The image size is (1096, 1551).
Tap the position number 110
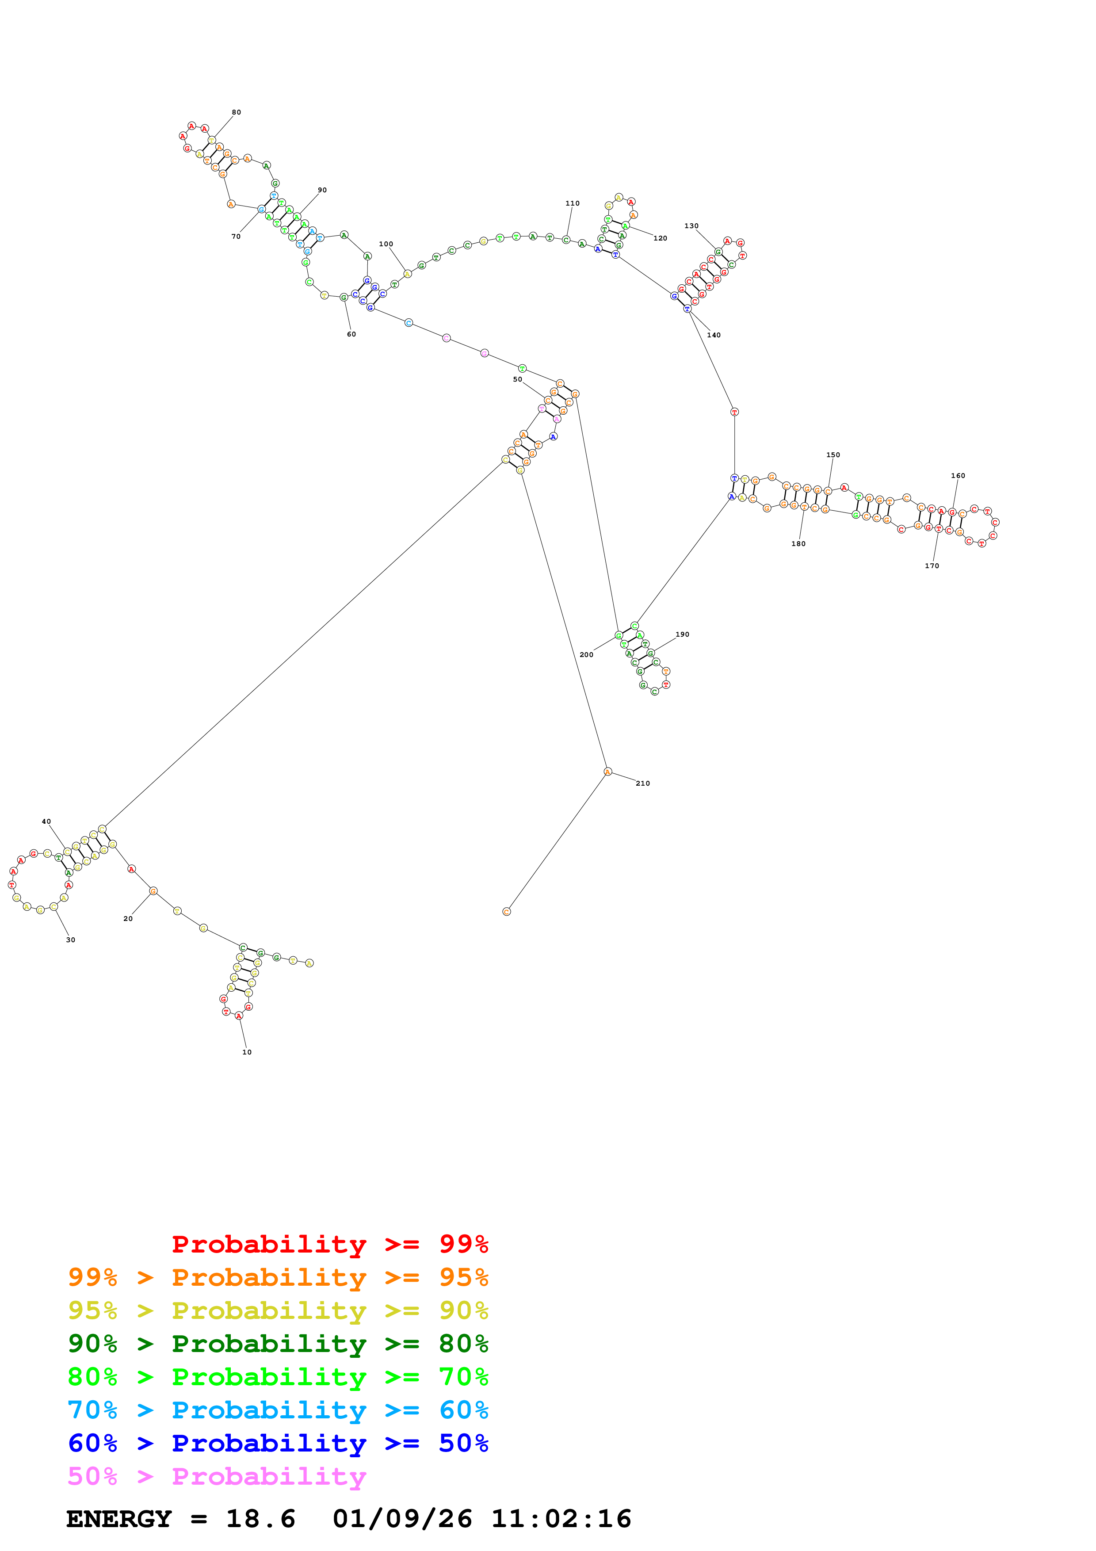[572, 203]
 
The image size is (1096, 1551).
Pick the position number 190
[682, 634]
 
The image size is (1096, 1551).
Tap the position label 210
[642, 783]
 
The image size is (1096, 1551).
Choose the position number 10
[247, 1052]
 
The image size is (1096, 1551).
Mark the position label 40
[46, 821]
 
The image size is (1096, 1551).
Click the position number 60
[351, 334]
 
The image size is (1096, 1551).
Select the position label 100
[386, 244]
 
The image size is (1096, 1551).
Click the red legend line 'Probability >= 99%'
[329, 1244]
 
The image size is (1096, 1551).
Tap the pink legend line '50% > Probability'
[217, 1477]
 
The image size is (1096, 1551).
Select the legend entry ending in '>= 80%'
[278, 1344]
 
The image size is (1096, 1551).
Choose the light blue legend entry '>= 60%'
[278, 1410]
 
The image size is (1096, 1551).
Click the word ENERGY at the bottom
[119, 1519]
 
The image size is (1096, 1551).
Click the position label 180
[798, 544]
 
